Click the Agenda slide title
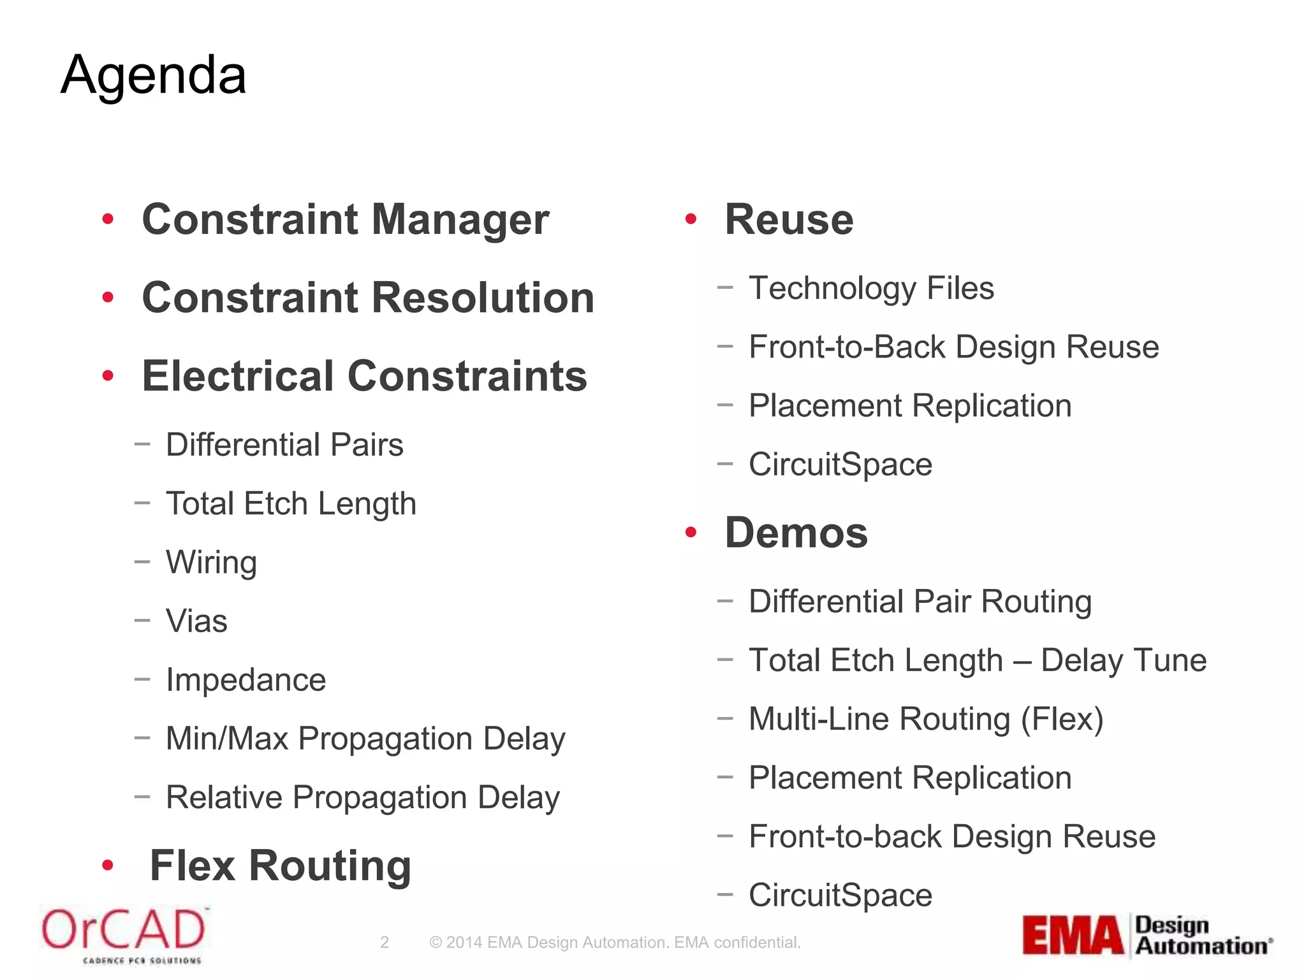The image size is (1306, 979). click(153, 75)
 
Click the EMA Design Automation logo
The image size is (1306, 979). click(1147, 936)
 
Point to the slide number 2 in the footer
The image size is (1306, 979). click(384, 942)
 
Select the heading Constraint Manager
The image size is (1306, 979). click(345, 219)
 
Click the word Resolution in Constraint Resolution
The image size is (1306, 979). click(483, 298)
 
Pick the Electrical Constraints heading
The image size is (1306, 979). click(364, 376)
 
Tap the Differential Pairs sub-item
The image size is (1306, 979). click(284, 444)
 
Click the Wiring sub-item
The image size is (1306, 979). click(211, 562)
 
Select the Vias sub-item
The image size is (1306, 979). click(196, 621)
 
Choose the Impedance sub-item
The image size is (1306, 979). click(246, 679)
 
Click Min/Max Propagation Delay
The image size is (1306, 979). click(365, 739)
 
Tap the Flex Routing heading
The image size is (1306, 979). click(280, 866)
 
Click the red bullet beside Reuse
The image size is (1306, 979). click(691, 219)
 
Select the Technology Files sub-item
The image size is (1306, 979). click(871, 288)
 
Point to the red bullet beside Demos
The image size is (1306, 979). click(691, 532)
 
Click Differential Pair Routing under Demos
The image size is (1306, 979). click(920, 602)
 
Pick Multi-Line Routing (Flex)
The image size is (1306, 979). click(926, 719)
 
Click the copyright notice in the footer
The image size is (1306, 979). click(615, 942)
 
